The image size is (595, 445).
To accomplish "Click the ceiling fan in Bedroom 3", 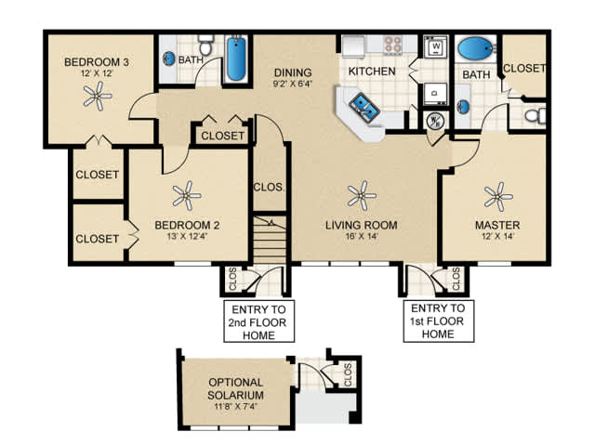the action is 98,96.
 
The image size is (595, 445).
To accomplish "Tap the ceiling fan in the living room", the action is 362,196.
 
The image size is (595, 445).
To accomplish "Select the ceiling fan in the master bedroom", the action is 498,197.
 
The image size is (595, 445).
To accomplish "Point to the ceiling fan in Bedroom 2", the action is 186,196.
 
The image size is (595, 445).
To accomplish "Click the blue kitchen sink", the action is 364,105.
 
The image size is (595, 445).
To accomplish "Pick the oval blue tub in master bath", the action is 477,48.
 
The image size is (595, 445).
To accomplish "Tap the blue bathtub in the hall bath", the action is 236,59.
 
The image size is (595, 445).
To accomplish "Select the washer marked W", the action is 436,46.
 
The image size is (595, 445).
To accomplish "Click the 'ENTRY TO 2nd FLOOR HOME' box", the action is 258,321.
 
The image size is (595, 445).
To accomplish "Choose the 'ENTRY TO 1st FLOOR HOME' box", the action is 438,321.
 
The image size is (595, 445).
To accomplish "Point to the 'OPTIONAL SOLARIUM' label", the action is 235,388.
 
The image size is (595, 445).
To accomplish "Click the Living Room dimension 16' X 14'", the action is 362,237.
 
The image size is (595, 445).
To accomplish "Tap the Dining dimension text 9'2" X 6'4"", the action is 293,84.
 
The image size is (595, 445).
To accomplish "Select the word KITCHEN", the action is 372,72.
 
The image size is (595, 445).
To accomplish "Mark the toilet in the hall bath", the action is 206,46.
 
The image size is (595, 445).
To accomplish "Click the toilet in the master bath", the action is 535,115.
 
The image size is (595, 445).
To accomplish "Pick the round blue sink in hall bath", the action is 169,59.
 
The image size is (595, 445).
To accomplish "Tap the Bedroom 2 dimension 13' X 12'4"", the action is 187,237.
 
